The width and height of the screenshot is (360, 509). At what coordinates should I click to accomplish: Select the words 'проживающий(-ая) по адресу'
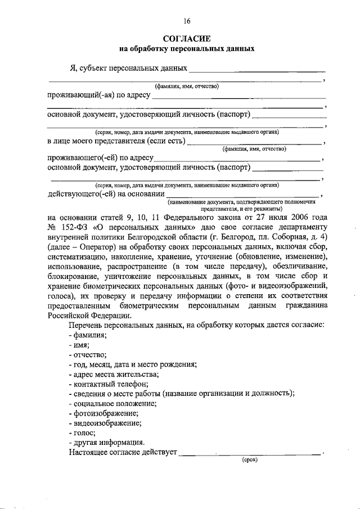98,94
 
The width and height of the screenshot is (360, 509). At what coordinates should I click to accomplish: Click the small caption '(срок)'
250,460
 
